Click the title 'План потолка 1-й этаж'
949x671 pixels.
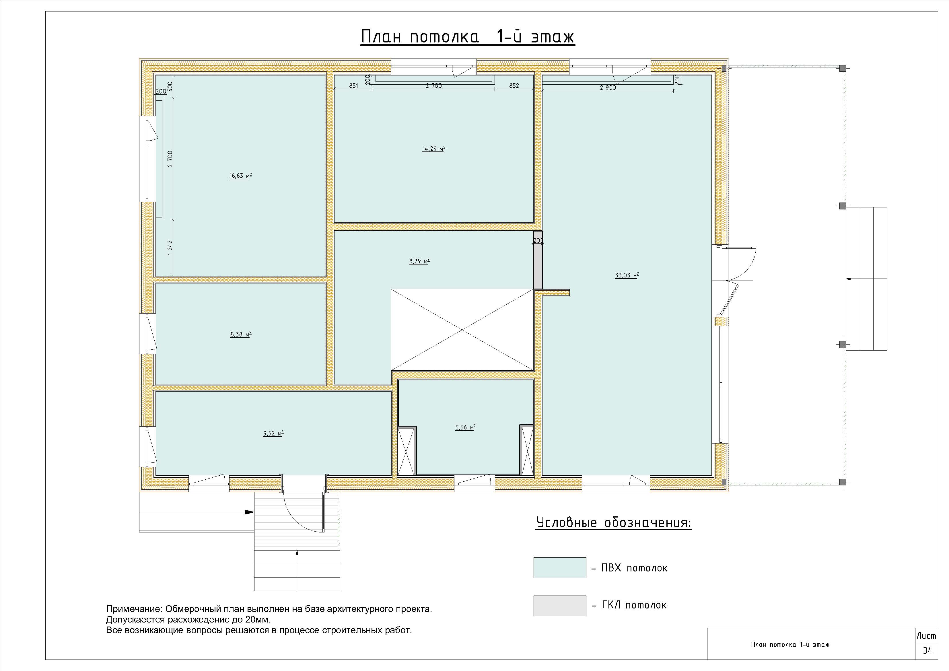pyautogui.click(x=468, y=37)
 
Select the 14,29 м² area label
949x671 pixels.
pyautogui.click(x=433, y=149)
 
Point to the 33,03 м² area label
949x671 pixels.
pyautogui.click(x=627, y=275)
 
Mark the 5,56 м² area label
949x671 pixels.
pyautogui.click(x=465, y=427)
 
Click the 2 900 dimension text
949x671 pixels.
pyautogui.click(x=608, y=88)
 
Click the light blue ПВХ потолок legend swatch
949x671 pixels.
pyautogui.click(x=560, y=568)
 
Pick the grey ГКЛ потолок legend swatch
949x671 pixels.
pyautogui.click(x=560, y=606)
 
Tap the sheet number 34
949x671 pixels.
pyautogui.click(x=927, y=651)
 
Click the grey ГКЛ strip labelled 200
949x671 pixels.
pyautogui.click(x=538, y=260)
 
